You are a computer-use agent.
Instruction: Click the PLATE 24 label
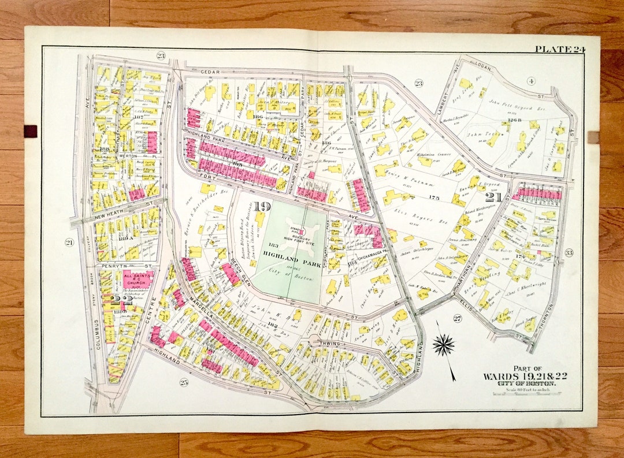(559, 49)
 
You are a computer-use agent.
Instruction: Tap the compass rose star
(443, 345)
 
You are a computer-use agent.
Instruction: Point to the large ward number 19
(261, 207)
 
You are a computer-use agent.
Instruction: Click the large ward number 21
(493, 198)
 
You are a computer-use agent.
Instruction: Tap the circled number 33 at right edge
(569, 252)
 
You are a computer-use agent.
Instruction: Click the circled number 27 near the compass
(457, 318)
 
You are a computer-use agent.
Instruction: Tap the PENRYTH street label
(113, 266)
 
